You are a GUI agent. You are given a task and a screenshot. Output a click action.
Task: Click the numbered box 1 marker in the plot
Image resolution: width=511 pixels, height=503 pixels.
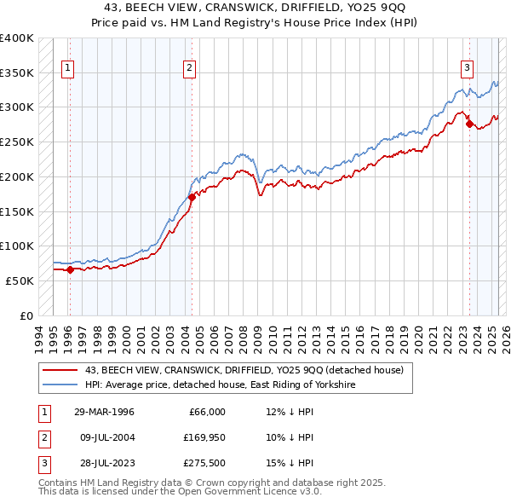(x=67, y=70)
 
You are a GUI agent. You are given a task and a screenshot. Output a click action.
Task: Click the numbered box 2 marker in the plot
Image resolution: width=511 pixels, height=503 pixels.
(x=189, y=70)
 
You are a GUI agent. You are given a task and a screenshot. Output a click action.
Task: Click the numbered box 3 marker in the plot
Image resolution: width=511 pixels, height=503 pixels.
(x=468, y=70)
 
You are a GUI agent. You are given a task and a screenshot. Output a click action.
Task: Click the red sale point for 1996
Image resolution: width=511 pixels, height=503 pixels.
(x=70, y=270)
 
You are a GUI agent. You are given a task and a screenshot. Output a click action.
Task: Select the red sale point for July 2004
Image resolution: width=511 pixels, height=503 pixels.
(x=192, y=197)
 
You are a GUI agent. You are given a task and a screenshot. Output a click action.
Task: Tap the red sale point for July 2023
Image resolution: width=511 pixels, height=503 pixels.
(x=469, y=124)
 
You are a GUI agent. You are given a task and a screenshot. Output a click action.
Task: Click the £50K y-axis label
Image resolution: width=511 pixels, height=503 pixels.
(x=20, y=280)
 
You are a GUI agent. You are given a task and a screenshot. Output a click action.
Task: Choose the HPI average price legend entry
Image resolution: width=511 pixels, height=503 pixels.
(x=219, y=385)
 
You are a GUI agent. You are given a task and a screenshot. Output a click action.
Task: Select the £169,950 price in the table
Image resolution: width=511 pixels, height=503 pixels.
(x=204, y=437)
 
